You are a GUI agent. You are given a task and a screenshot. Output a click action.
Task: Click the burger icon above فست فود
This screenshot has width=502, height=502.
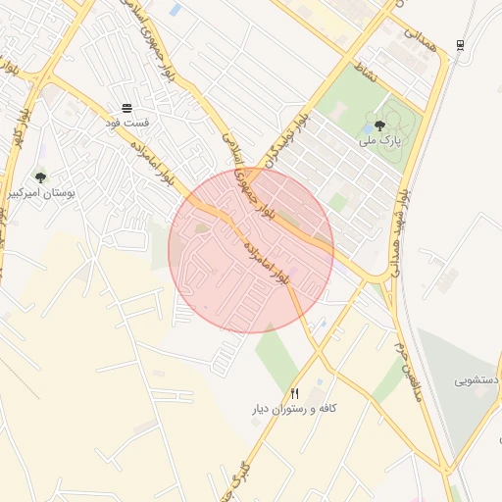tap(127, 107)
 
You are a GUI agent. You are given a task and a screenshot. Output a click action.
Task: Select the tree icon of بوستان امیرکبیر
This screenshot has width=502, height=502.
tap(40, 177)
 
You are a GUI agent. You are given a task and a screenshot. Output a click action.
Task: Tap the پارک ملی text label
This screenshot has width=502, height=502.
tap(381, 141)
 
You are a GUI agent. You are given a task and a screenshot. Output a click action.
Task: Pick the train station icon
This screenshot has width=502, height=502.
tap(461, 45)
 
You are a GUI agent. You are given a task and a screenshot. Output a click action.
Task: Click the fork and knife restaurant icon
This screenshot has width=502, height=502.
tap(293, 392)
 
